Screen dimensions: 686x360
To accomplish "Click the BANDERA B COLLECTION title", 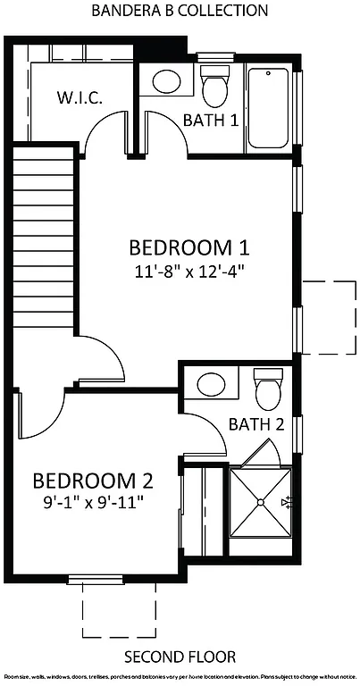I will [x=180, y=12].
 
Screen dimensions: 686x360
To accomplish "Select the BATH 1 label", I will [x=210, y=121].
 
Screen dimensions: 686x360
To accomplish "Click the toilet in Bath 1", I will [x=214, y=88].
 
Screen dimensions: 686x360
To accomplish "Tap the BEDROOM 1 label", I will [x=188, y=247].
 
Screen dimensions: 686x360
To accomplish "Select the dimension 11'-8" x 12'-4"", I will [x=188, y=271].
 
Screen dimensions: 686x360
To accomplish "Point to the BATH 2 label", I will [x=255, y=424].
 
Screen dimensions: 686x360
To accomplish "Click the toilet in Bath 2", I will [x=268, y=389].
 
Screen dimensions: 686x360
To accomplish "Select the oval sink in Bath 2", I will [x=212, y=385].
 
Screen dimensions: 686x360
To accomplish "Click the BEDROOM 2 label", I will [x=93, y=481].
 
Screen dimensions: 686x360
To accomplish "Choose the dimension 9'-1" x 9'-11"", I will [x=93, y=502].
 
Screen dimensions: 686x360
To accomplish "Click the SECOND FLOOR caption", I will [x=180, y=657].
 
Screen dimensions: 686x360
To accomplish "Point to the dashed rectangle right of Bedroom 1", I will [x=327, y=314].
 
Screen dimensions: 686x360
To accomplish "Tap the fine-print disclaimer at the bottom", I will [x=180, y=678].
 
